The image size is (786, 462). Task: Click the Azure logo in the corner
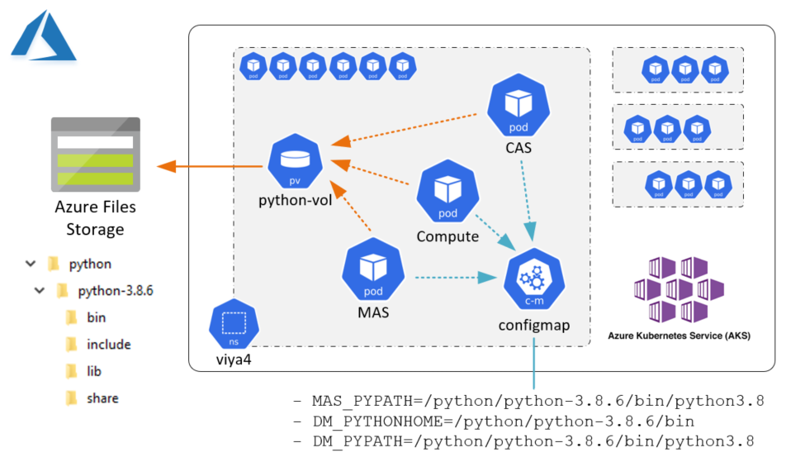(43, 36)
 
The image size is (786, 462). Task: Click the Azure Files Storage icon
(95, 153)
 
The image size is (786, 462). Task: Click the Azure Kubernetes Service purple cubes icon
(678, 288)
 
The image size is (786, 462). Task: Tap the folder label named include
(108, 345)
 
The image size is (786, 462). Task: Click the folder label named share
(102, 398)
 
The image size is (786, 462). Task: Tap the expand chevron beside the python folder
(31, 264)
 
